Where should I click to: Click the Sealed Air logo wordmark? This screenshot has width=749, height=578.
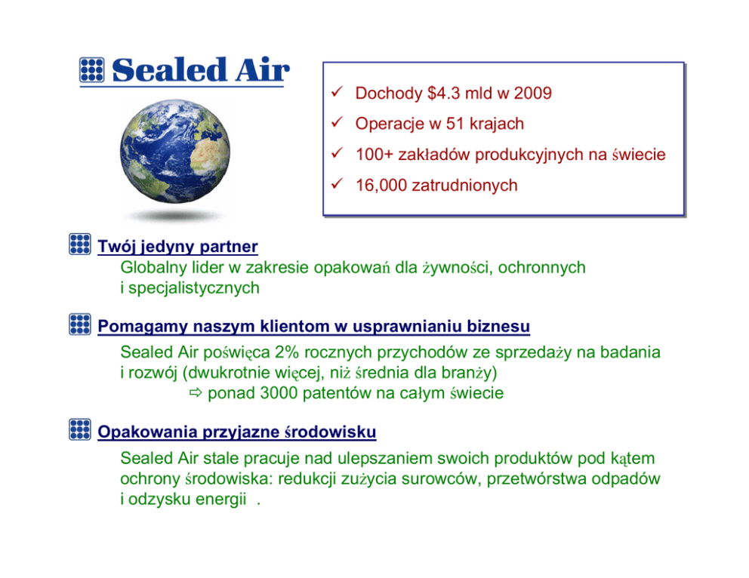pos(201,70)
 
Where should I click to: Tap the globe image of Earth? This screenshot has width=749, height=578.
pos(175,152)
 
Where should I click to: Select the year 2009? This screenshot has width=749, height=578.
pos(532,93)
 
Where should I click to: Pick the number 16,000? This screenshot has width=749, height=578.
pos(381,186)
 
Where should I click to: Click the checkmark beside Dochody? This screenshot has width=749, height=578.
pos(338,91)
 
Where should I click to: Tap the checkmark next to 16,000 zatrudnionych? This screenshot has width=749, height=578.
pos(338,184)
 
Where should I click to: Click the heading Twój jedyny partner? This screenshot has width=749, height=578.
pos(177,246)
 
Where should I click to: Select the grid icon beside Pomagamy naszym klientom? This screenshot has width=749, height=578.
pos(80,324)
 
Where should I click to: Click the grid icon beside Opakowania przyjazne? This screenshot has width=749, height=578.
pos(80,429)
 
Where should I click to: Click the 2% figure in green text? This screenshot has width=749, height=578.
pos(287,352)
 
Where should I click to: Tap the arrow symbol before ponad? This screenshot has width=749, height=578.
pos(196,393)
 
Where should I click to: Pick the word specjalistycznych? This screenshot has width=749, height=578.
pos(194,288)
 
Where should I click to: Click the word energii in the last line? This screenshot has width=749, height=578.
pos(221,500)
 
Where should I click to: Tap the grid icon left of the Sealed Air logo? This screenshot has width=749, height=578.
pos(91,70)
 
